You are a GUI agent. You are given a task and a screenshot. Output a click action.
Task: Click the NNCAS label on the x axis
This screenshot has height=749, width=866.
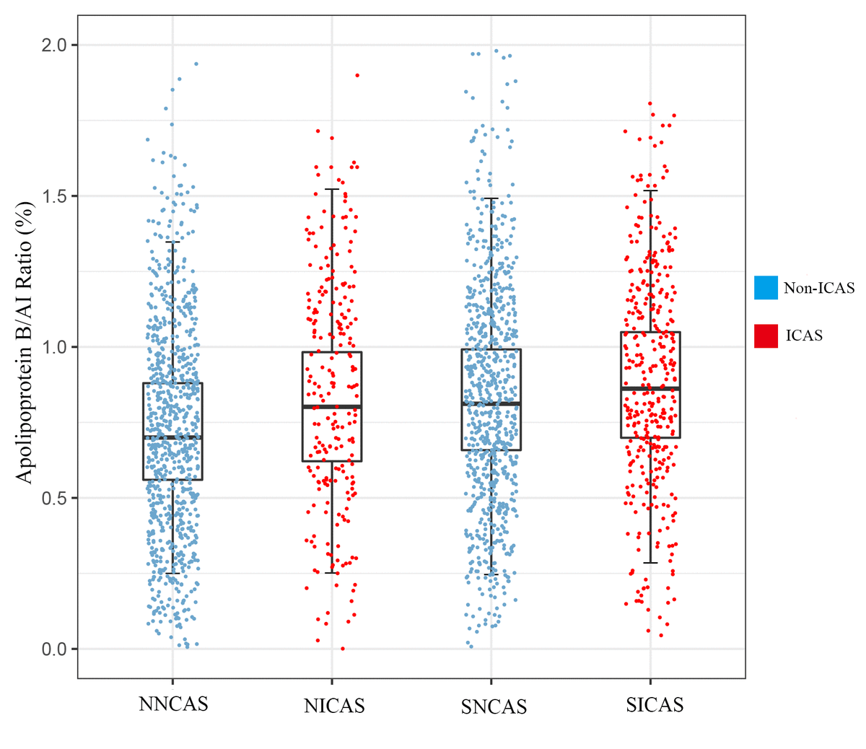pos(173,704)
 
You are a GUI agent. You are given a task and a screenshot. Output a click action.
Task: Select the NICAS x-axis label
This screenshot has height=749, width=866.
pos(334,706)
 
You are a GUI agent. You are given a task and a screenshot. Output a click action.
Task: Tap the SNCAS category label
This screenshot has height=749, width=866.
pos(494,707)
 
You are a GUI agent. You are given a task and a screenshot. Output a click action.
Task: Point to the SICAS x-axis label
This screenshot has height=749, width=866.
pos(655,704)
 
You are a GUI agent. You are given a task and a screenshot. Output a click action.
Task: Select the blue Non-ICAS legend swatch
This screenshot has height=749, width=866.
pos(766,287)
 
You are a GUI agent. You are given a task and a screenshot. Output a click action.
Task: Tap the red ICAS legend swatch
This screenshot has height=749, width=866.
pos(766,336)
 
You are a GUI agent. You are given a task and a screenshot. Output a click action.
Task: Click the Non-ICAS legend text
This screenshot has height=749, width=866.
pos(818,288)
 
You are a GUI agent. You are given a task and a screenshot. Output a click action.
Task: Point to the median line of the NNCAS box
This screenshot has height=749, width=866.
pos(172,437)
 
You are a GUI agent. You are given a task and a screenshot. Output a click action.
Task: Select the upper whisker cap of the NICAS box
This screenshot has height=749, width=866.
pos(332,189)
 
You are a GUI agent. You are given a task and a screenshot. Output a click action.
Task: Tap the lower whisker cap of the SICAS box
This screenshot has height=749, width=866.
pos(650,563)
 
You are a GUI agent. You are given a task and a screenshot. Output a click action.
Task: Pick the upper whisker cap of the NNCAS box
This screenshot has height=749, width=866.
pos(172,242)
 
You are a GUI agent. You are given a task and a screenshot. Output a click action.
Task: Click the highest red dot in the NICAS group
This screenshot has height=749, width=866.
pos(357,75)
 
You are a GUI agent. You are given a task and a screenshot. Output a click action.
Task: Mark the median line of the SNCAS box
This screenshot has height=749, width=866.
pos(491,403)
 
